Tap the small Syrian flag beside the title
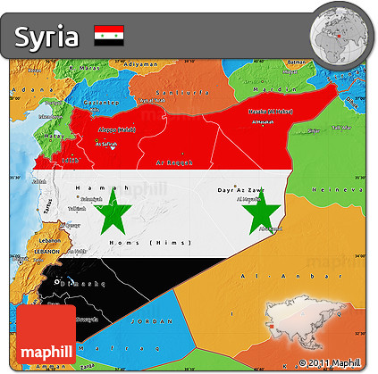pos(109,36)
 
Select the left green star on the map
pos(115,214)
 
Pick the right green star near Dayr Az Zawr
pos(263,214)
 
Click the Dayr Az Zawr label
pos(239,190)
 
